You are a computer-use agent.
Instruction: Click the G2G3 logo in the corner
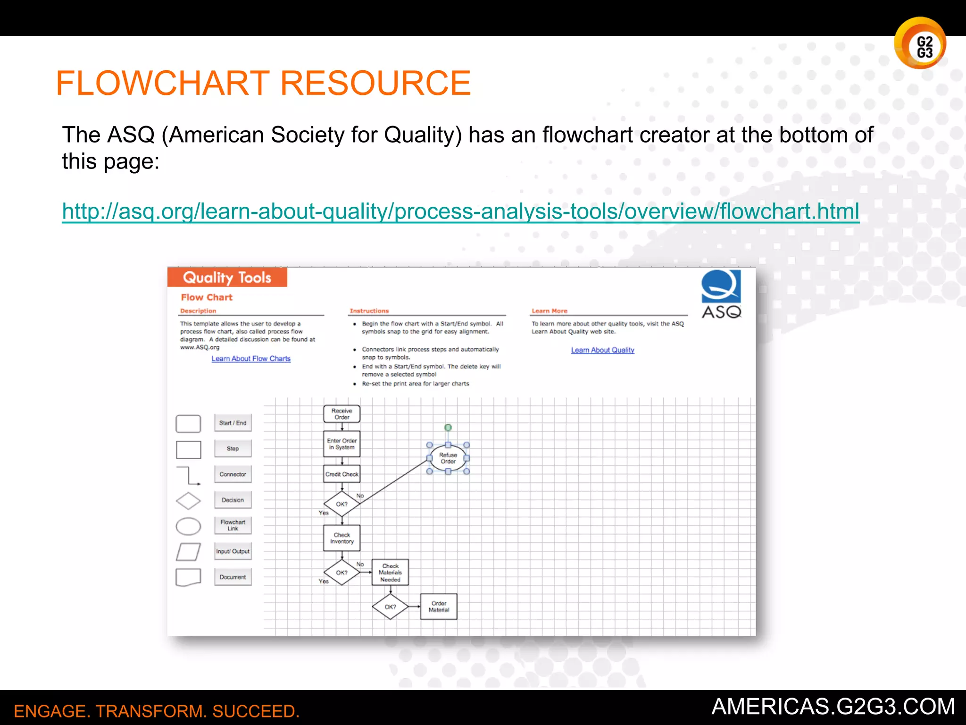[920, 43]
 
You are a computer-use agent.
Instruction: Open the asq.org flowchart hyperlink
[460, 211]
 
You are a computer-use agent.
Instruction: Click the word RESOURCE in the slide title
[375, 83]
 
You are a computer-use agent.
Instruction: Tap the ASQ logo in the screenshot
[721, 294]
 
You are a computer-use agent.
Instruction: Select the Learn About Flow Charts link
[251, 359]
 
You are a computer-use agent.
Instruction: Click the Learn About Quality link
[602, 350]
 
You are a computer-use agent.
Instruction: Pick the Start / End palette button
[233, 423]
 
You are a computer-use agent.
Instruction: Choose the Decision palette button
[233, 500]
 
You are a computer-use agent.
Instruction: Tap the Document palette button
[233, 577]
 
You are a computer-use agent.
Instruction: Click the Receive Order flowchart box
[341, 414]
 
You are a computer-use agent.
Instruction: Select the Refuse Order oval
[448, 458]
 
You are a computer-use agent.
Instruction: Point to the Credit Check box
[341, 474]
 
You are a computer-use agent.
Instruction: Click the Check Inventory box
[341, 538]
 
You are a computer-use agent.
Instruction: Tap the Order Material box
[439, 607]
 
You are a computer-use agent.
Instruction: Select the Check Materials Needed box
[390, 573]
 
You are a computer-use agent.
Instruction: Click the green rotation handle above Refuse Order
[448, 428]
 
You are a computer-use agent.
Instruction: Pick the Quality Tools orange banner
[227, 278]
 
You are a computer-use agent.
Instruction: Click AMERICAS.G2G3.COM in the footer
[833, 707]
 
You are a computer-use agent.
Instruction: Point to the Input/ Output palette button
[233, 551]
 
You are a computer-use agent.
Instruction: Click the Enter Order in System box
[341, 444]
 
